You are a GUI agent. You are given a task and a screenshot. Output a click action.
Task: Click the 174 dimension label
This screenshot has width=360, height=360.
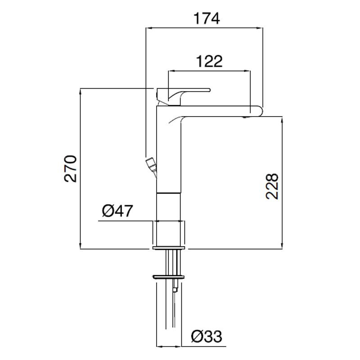click(x=207, y=18)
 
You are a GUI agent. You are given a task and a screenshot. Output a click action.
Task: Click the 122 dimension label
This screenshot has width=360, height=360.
click(x=209, y=61)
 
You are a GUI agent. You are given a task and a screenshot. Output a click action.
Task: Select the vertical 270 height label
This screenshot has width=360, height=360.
click(x=71, y=169)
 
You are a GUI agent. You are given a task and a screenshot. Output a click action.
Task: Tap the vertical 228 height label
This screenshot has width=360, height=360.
click(x=272, y=186)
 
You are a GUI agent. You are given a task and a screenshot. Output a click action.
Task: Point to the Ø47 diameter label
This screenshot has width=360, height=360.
click(x=117, y=211)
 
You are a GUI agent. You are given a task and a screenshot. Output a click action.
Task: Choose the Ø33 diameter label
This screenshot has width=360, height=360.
click(x=207, y=337)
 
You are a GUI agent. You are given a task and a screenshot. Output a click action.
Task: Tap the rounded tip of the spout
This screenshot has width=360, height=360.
click(x=258, y=111)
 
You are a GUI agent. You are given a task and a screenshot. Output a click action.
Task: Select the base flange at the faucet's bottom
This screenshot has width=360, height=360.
click(x=168, y=248)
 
